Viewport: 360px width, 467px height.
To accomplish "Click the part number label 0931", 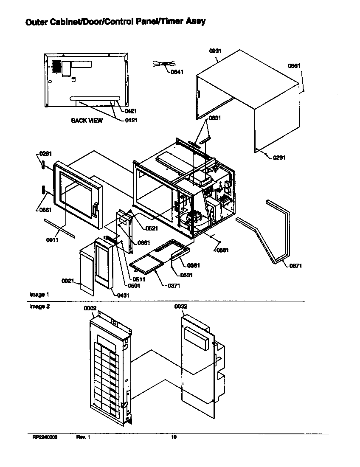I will point(215,51).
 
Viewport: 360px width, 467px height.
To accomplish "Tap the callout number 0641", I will point(177,72).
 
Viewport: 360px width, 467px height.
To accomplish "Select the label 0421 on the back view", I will point(131,111).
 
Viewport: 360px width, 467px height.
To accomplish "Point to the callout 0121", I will point(131,120).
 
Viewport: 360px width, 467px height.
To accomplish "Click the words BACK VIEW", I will point(87,121).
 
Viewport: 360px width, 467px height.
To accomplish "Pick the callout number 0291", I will point(279,158).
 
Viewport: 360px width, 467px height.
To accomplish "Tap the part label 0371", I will point(174,286).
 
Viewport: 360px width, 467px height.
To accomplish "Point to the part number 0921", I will point(68,281).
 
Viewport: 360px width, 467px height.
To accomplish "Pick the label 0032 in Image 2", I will point(180,306).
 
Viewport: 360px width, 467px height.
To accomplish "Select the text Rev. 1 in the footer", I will point(83,437).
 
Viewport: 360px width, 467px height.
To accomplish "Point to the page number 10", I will point(174,437).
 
